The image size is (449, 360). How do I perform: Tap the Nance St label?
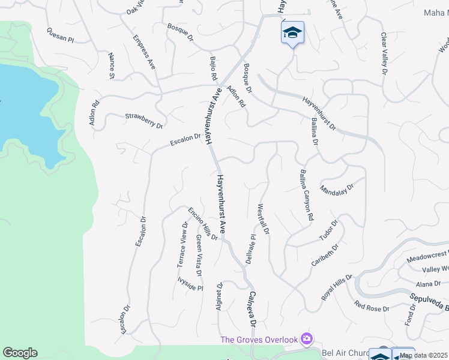click(111, 65)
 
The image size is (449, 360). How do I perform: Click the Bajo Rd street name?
click(212, 69)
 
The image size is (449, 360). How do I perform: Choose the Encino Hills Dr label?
click(202, 223)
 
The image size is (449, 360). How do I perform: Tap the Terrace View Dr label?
click(182, 245)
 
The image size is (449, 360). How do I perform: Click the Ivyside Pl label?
click(190, 284)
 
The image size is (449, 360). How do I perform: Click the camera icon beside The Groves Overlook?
click(307, 340)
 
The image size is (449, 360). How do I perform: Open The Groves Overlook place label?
click(259, 340)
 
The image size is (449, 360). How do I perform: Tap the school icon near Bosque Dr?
click(292, 32)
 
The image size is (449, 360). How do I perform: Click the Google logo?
click(20, 353)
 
